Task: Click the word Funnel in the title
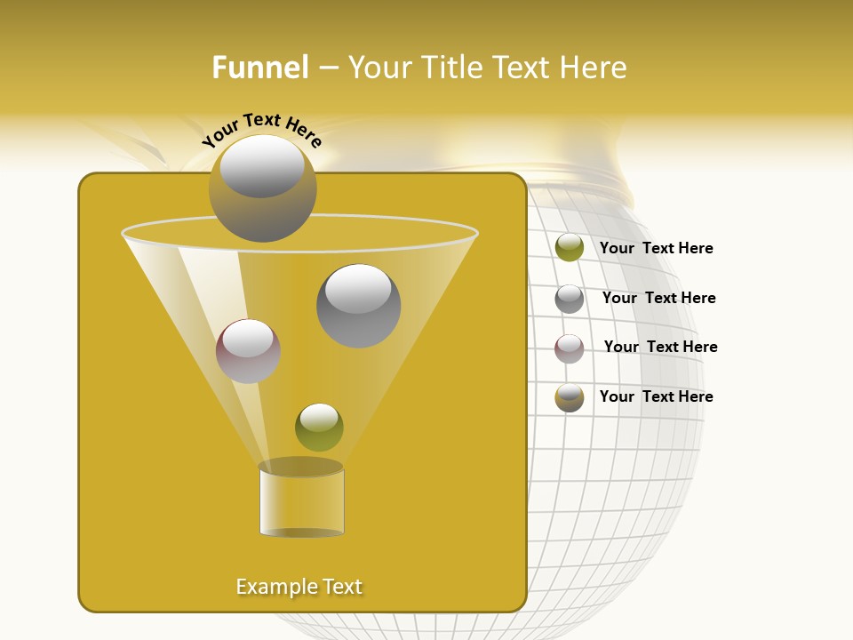(x=260, y=68)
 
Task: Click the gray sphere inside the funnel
(x=358, y=306)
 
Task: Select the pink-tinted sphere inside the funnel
(x=248, y=351)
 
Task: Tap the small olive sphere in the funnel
(x=319, y=428)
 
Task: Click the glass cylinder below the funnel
(x=301, y=502)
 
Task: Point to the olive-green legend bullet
(x=570, y=248)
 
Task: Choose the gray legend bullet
(x=570, y=299)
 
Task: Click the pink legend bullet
(x=570, y=348)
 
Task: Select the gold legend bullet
(x=570, y=397)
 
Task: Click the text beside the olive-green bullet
(x=656, y=249)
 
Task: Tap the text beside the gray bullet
(x=658, y=299)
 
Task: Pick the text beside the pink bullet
(x=660, y=348)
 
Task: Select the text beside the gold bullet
(x=656, y=397)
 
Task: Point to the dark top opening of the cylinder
(x=300, y=467)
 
